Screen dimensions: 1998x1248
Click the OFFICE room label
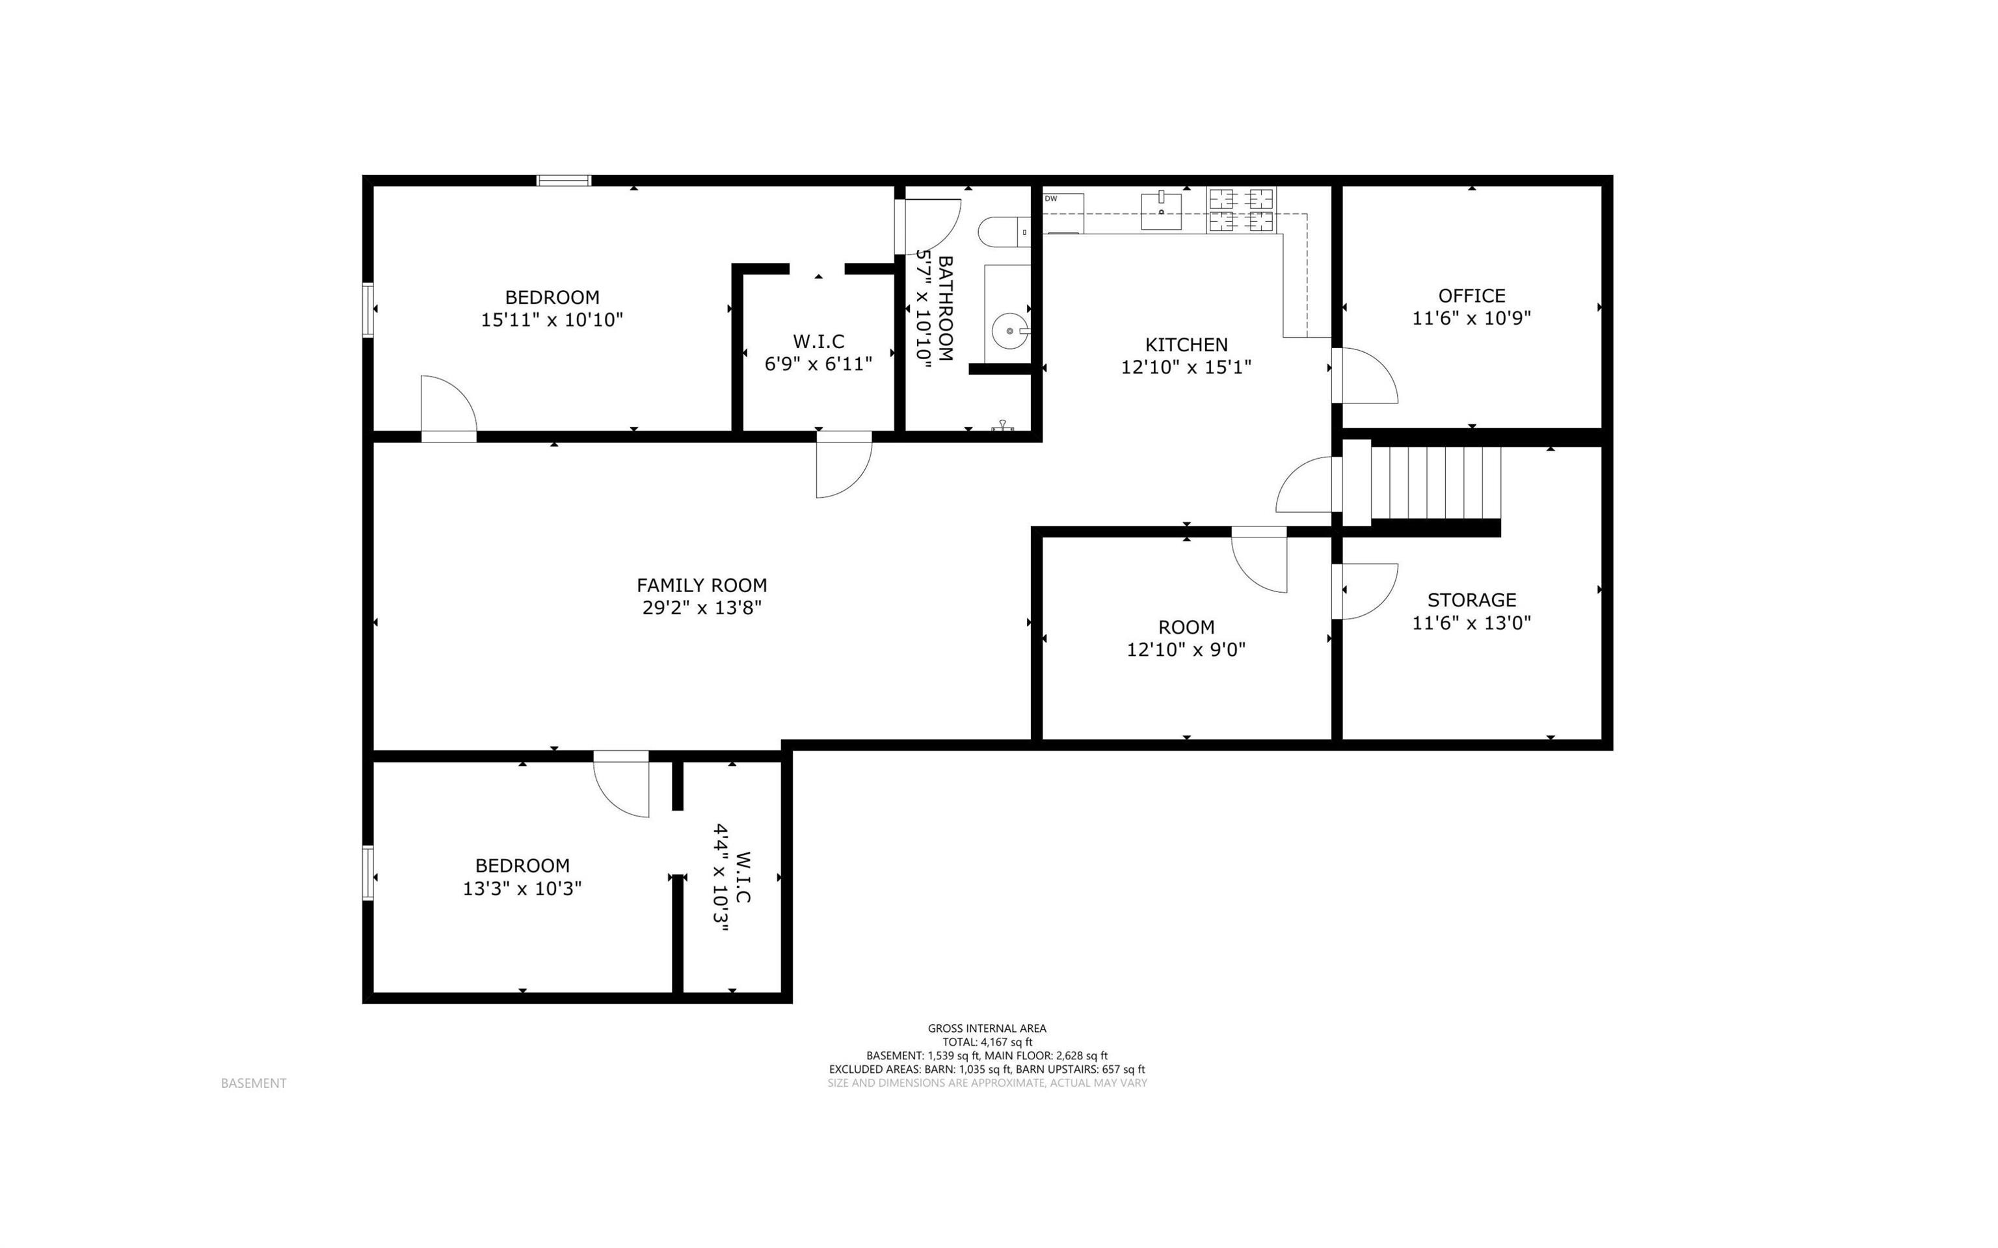(x=1471, y=295)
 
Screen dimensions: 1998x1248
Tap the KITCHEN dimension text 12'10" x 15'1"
(x=1186, y=367)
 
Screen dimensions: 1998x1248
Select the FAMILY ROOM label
(x=701, y=585)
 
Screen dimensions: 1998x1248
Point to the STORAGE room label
(x=1471, y=600)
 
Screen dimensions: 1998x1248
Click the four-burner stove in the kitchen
(x=1241, y=210)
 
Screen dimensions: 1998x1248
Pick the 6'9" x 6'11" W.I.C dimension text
(x=818, y=364)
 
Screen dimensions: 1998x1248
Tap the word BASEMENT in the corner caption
(x=253, y=1083)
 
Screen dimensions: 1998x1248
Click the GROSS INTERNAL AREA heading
(x=987, y=1029)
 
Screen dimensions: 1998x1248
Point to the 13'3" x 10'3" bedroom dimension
(x=522, y=888)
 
